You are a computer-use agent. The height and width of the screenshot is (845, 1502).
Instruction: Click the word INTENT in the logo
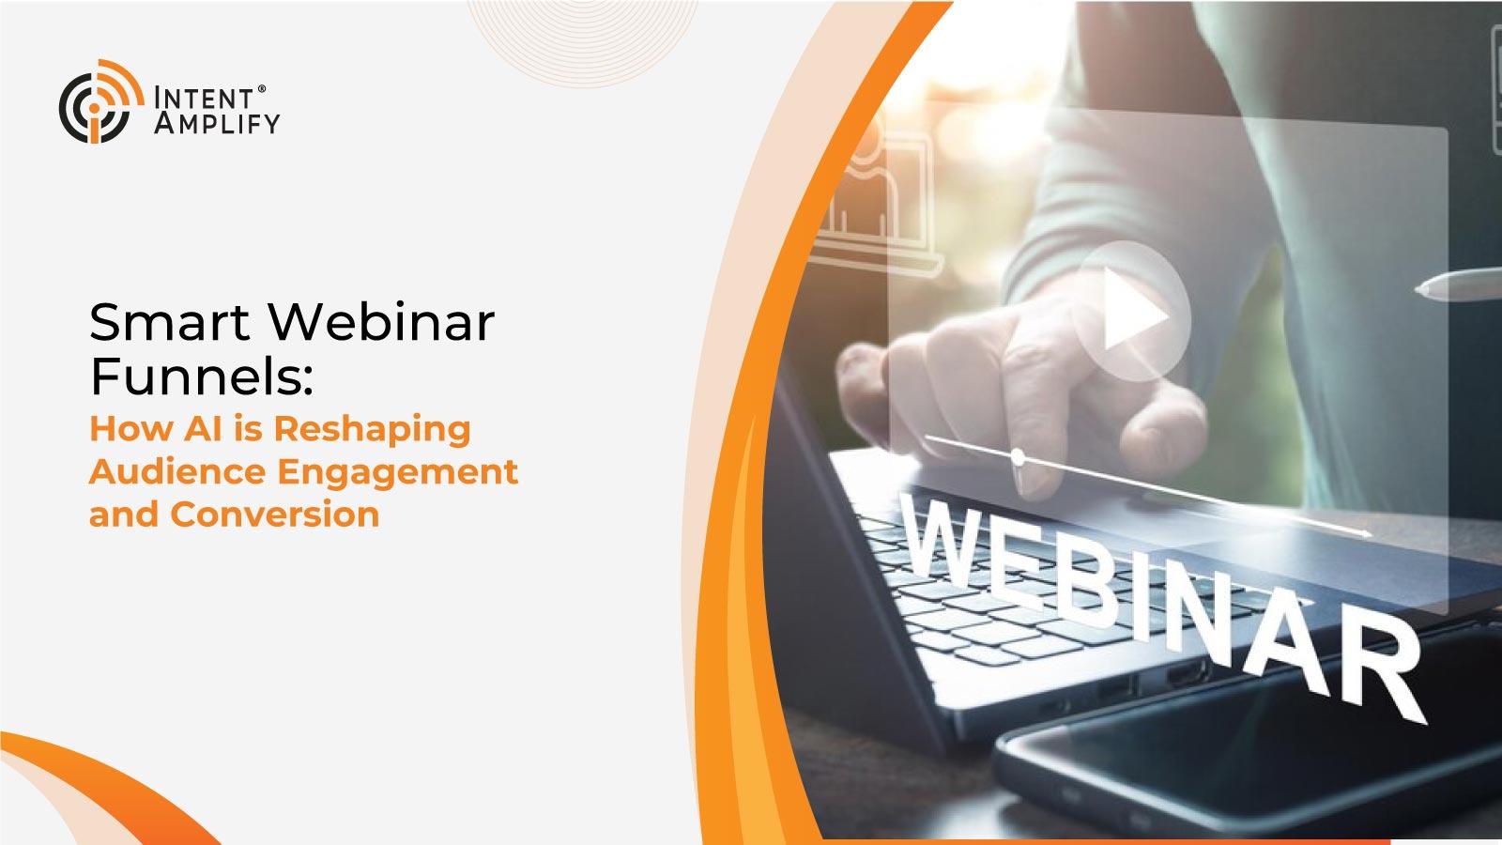pos(204,98)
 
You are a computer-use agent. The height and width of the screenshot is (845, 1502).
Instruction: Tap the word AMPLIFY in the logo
pos(217,123)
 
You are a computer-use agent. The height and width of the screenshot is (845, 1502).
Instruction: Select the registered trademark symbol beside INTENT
pos(262,88)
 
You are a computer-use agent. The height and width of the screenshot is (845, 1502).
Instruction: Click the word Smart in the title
pos(170,323)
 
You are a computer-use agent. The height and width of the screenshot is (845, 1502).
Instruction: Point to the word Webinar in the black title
pos(382,322)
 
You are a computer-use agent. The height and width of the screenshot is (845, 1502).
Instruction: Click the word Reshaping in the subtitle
pos(372,431)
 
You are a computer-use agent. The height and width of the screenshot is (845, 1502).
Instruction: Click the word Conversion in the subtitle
pos(275,515)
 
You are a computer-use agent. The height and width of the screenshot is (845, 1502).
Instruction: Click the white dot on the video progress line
pos(1018,458)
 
